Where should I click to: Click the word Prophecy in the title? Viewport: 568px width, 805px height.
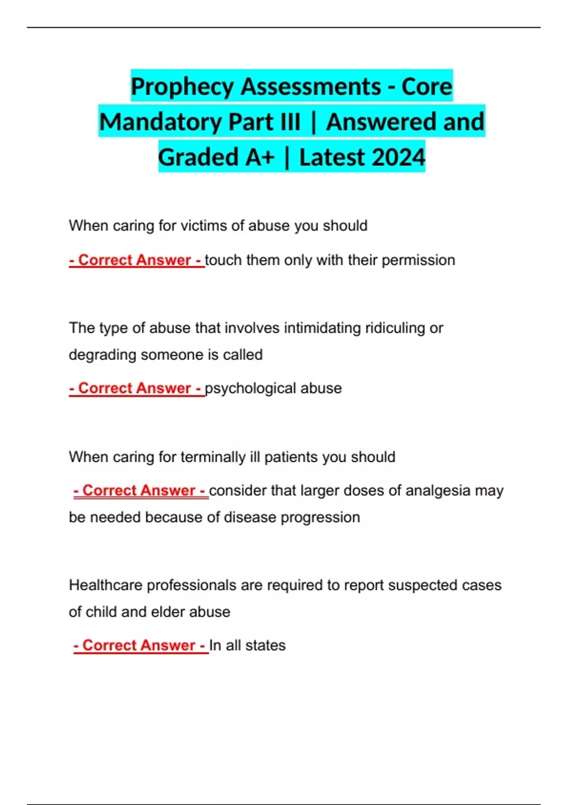[182, 87]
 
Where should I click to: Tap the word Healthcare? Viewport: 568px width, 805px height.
[106, 585]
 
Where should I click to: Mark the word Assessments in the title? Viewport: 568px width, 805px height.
[311, 87]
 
